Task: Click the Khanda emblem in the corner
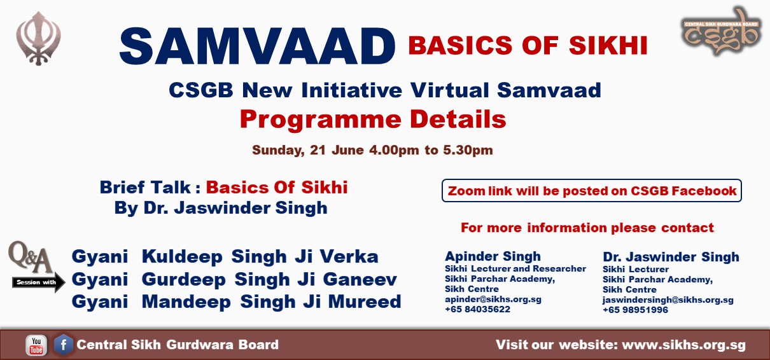(38, 38)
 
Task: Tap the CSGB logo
(721, 32)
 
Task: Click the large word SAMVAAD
(257, 46)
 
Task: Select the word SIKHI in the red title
(608, 45)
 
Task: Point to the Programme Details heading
(373, 119)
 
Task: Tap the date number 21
(318, 150)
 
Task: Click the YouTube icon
(36, 345)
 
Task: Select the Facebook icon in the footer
(64, 345)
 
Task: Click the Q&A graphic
(31, 257)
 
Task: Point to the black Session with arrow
(38, 282)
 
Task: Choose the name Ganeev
(360, 279)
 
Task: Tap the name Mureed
(365, 301)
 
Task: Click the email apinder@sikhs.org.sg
(493, 299)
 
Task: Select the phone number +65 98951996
(635, 310)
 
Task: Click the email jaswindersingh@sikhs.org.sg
(668, 300)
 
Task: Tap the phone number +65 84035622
(477, 309)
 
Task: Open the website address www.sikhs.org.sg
(683, 345)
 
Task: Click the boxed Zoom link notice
(592, 191)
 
